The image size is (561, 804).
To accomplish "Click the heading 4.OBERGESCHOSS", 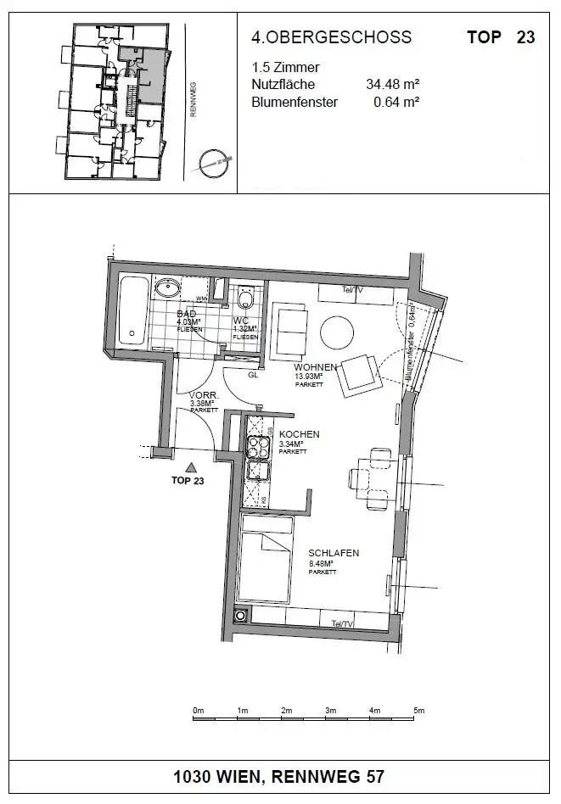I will click(331, 37).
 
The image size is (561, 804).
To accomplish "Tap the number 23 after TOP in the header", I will click(525, 37).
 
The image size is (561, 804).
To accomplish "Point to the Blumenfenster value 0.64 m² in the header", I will click(397, 103).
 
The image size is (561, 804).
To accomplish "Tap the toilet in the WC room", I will click(247, 299).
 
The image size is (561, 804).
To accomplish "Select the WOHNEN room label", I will click(315, 366).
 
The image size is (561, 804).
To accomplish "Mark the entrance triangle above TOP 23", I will click(192, 466).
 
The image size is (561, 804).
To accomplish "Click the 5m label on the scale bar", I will click(418, 710).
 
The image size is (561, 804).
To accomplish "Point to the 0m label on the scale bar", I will click(199, 710).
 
